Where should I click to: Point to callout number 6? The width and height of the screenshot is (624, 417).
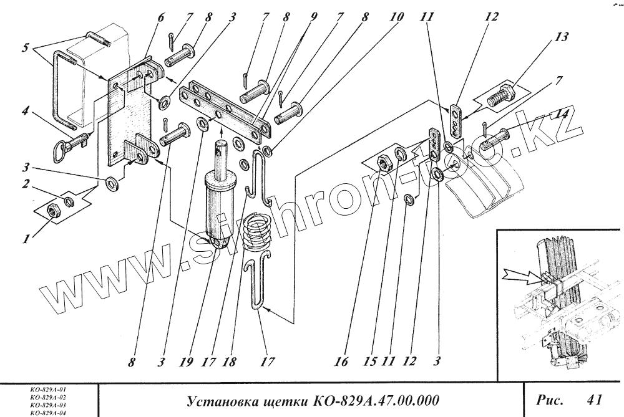tap(160, 17)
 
